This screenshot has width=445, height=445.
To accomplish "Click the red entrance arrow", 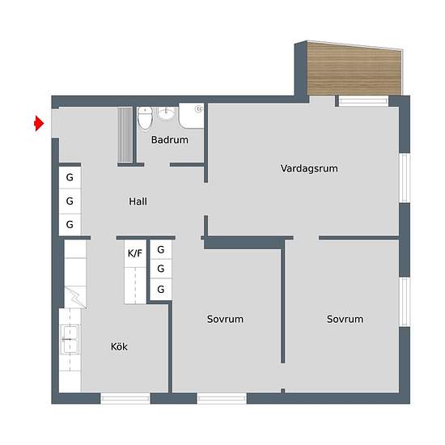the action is [39, 124].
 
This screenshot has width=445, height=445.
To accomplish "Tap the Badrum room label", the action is [169, 140].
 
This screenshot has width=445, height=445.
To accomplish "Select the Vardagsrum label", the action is [309, 168].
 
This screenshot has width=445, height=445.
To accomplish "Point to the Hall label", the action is [138, 201].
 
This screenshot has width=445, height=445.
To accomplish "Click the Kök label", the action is [119, 346].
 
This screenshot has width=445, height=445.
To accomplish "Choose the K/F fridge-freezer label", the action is [135, 253].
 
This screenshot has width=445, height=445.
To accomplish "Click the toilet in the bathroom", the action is [146, 119].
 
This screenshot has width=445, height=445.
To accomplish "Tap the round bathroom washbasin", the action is [166, 113].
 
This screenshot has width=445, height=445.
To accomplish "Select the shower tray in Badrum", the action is [191, 116].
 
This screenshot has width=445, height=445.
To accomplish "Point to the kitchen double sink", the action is [70, 340].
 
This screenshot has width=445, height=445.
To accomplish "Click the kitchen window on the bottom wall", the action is [125, 399].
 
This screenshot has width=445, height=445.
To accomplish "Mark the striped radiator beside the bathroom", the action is [125, 135].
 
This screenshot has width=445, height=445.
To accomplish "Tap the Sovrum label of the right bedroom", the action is [345, 320].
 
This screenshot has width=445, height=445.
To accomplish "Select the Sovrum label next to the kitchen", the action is [225, 320].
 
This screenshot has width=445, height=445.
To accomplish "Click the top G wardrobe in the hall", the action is [70, 178].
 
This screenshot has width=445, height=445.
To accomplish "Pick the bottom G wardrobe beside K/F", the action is [161, 289].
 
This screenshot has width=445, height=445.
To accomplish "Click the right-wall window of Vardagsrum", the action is [405, 178].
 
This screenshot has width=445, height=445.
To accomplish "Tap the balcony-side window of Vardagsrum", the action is [363, 101].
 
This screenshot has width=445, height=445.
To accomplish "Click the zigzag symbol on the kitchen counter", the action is [75, 297].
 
